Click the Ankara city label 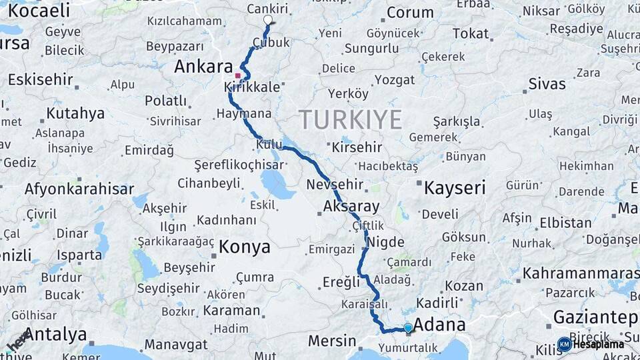click(203, 67)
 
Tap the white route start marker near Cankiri click(268, 20)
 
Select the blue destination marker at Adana click(408, 328)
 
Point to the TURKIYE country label click(350, 120)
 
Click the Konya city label click(245, 247)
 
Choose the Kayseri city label click(455, 187)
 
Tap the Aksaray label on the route click(351, 207)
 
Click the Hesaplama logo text click(598, 345)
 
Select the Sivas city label click(547, 84)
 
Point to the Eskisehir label click(41, 79)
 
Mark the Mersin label click(332, 341)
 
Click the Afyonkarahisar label click(79, 189)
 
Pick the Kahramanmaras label click(581, 273)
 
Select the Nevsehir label click(335, 185)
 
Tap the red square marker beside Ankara click(237, 75)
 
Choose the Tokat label click(470, 33)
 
